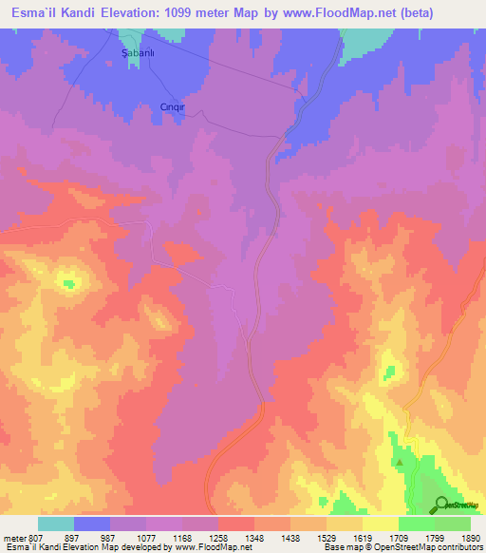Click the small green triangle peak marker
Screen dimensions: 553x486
(400, 463)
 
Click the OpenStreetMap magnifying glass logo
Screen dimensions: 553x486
(441, 504)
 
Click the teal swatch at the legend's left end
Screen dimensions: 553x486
(56, 524)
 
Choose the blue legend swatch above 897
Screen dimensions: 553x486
(92, 524)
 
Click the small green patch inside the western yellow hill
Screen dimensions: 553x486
(67, 282)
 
